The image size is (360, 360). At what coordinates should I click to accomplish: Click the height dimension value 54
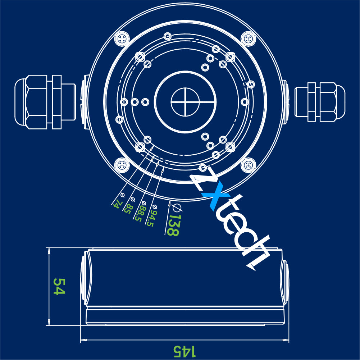pos(59,286)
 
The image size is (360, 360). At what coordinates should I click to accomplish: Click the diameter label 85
pos(129,205)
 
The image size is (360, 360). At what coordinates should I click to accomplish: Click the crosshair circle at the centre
pos(185,102)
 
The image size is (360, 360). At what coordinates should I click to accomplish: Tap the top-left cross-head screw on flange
pos(122,38)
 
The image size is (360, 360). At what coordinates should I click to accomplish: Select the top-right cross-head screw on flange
pos(248,38)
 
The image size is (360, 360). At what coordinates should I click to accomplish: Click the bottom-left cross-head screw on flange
pos(122,165)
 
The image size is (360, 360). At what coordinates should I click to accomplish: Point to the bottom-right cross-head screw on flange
pos(248,165)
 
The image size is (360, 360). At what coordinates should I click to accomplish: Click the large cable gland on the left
pos(45,102)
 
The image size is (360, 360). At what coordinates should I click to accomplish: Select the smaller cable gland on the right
pos(320,102)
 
